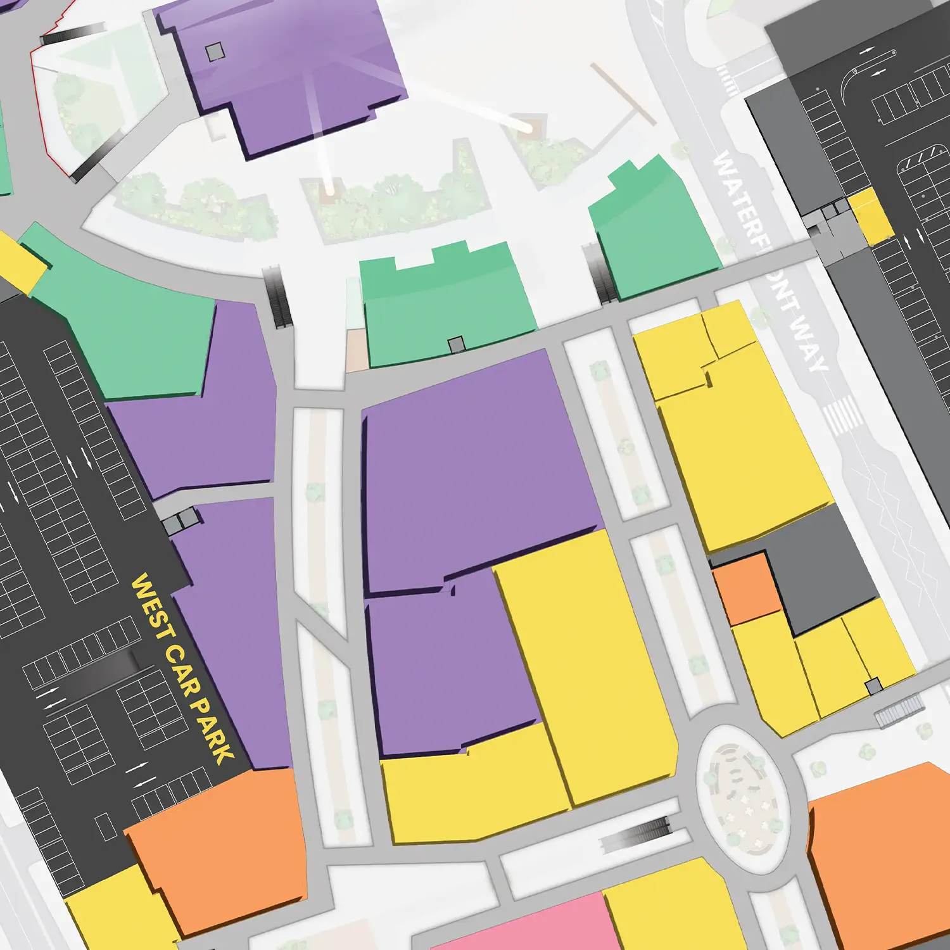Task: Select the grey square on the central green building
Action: (456, 345)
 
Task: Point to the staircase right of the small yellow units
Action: (900, 709)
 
